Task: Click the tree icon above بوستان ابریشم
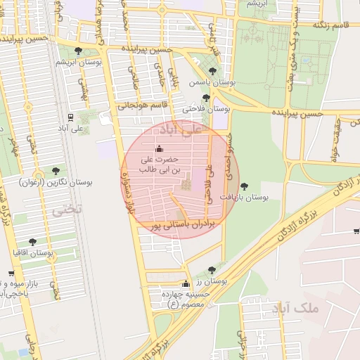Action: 77,51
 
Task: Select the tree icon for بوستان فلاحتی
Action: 206,98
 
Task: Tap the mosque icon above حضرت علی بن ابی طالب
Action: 158,148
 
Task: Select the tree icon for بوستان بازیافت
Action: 243,186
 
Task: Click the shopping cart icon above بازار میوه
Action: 11,274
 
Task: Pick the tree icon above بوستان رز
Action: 211,269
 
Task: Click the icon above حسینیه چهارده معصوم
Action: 185,284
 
